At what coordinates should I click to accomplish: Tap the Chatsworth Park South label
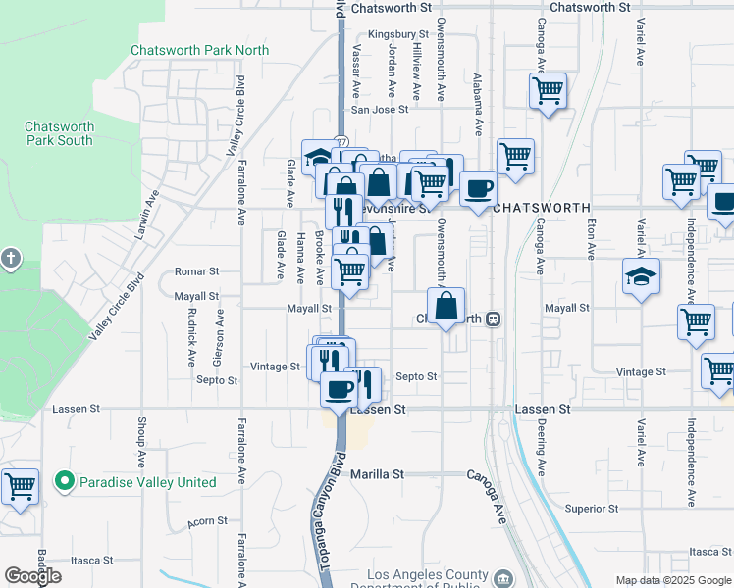59,133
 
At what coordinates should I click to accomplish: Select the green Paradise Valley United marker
65,481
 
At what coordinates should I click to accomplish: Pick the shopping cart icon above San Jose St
548,91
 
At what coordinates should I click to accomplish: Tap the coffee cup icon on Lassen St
340,389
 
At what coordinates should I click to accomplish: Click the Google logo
33,576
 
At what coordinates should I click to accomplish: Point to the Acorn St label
208,521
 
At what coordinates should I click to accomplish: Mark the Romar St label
195,270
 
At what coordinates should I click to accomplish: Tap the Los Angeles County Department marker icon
503,578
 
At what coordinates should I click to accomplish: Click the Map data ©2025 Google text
672,580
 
